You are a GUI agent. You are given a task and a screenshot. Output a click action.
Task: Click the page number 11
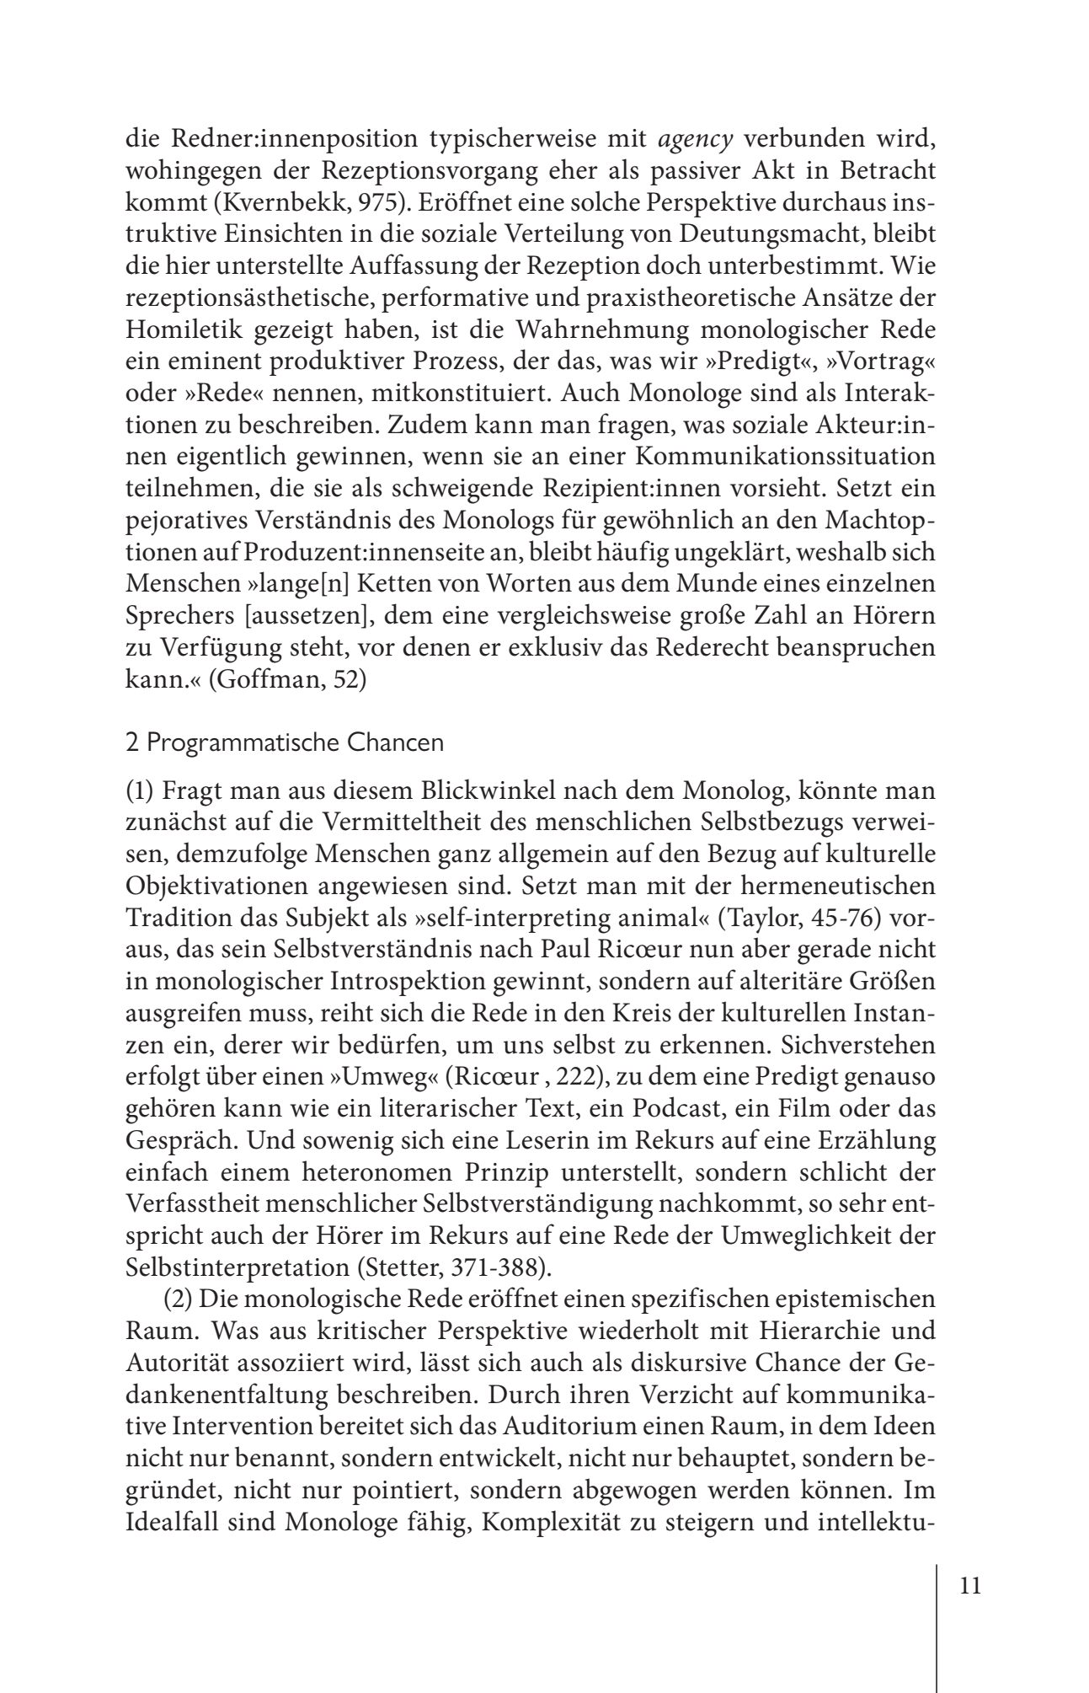click(970, 1586)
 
